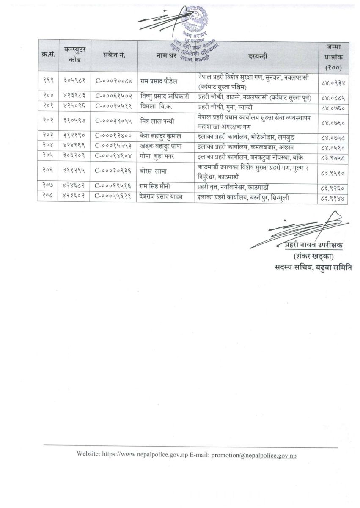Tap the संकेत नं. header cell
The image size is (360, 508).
pos(114,55)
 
